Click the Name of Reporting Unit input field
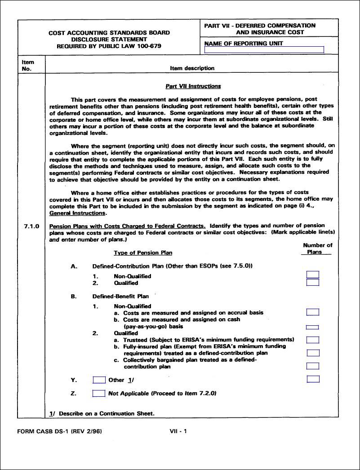coord(264,50)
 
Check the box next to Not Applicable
coord(99,394)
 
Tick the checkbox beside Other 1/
coord(99,380)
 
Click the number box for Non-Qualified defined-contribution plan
coord(313,275)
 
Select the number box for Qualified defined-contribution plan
coord(313,283)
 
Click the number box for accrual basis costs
coord(313,312)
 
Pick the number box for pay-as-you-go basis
coord(312,327)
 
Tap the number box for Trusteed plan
coord(313,340)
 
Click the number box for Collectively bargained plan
coord(313,366)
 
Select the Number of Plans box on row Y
coord(313,379)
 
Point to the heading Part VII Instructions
coord(193,86)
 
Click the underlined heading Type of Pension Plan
coord(143,253)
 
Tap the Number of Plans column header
coord(317,248)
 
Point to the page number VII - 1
coord(178,431)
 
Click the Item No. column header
coord(28,65)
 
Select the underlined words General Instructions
coord(78,213)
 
